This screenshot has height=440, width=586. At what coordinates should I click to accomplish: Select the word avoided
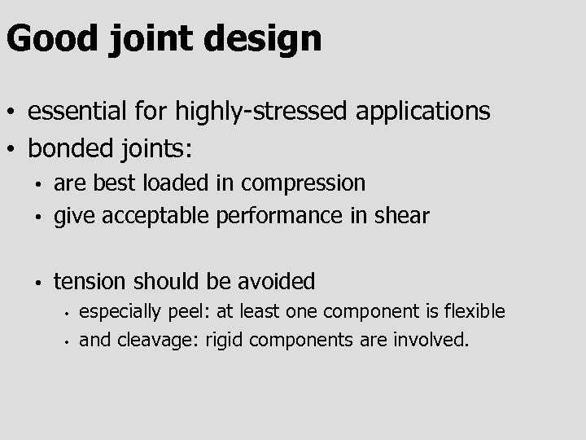click(x=277, y=281)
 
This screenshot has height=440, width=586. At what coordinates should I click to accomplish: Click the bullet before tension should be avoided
click(x=37, y=283)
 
